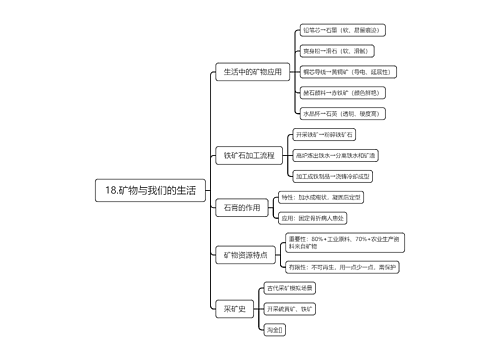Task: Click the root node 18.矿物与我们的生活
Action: click(x=150, y=189)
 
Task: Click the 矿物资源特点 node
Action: click(x=245, y=255)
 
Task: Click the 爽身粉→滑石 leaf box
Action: click(x=338, y=50)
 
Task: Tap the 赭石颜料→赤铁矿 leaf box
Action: click(x=341, y=93)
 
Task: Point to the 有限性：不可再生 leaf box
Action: click(x=342, y=267)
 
